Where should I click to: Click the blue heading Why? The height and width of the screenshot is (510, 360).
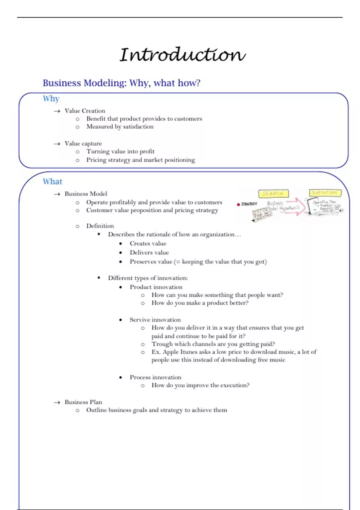[51, 99]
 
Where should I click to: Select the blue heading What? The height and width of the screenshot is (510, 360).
[52, 181]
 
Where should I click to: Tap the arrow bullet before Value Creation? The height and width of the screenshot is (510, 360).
[57, 111]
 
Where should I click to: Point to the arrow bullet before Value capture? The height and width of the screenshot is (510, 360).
[57, 144]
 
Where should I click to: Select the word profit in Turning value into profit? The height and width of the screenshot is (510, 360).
[147, 151]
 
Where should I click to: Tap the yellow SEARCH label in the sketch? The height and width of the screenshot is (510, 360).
[273, 193]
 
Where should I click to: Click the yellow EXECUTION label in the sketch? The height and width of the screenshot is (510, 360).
[325, 193]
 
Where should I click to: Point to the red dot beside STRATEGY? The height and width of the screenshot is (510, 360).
[238, 204]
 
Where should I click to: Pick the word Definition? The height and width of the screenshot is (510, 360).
[100, 226]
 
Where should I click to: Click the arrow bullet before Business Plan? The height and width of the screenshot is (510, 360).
[57, 402]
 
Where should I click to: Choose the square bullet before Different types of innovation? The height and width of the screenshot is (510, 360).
[99, 278]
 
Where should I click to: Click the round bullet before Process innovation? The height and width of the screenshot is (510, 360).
[121, 377]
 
